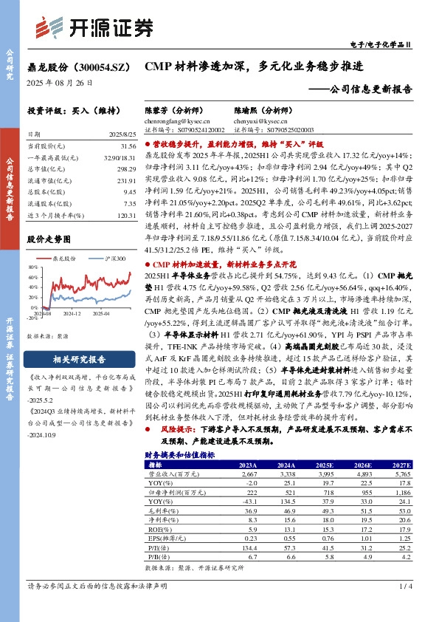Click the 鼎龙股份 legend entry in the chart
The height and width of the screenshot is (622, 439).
[66, 258]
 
